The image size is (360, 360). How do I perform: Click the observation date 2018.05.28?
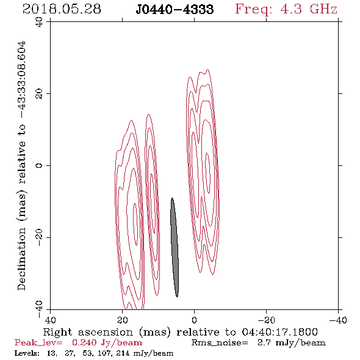pos(62,9)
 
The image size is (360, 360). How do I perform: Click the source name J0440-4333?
pos(175,10)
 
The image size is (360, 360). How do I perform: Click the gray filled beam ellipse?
pos(175,247)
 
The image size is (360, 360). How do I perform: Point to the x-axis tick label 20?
pos(123,320)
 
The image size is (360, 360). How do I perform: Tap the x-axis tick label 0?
pos(195,320)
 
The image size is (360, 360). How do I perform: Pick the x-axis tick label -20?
pos(266,320)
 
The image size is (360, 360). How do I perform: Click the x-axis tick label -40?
pos(338,320)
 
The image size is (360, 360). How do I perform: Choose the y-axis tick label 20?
pos(39,94)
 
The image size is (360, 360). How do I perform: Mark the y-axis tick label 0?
pos(39,165)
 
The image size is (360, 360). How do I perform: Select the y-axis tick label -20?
pos(39,237)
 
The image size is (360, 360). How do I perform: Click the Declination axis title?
pos(21,165)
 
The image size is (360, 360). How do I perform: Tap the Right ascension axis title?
pos(180,332)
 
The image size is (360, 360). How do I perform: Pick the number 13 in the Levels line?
pos(51,353)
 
